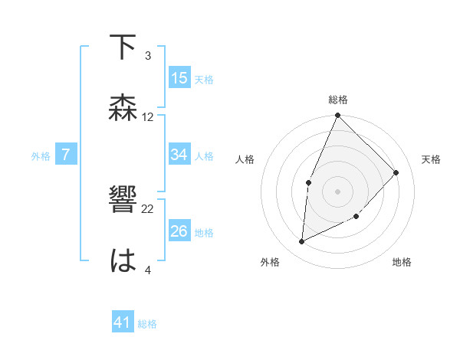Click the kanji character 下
123,47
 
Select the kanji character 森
123,108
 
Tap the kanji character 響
123,201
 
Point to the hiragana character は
123,261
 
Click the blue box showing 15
179,78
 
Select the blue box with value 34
179,155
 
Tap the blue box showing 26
179,231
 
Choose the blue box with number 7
66,155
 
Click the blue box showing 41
123,323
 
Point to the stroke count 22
148,208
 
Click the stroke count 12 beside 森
148,117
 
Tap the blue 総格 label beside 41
147,324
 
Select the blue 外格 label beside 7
41,156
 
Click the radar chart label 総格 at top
338,100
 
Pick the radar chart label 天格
432,159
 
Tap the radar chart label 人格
245,159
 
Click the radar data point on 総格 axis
337,116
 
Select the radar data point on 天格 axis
396,172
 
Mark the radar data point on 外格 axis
302,241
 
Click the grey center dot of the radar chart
337,191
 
